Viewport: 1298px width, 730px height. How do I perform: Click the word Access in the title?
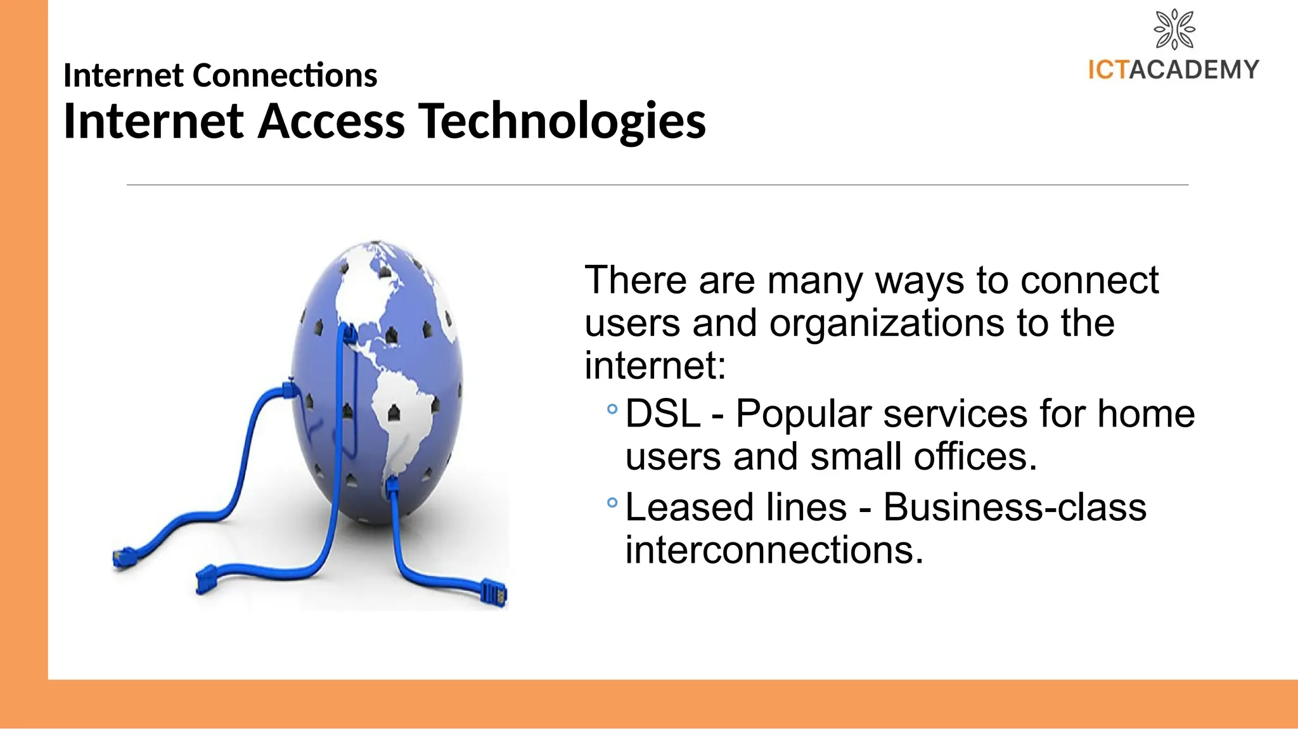click(331, 121)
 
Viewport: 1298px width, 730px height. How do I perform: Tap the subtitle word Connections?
click(285, 75)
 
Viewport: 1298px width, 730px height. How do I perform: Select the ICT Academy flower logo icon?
click(1174, 29)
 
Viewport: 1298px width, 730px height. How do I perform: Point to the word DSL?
click(662, 414)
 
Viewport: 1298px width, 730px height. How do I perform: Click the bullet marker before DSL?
click(612, 409)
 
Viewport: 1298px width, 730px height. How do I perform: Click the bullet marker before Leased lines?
click(612, 503)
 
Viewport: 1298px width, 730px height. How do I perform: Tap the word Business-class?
click(1015, 508)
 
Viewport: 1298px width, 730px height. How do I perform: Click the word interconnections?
click(774, 550)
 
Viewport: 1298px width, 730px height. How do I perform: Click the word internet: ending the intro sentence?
click(655, 366)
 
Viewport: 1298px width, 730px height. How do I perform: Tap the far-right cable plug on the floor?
click(494, 592)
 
